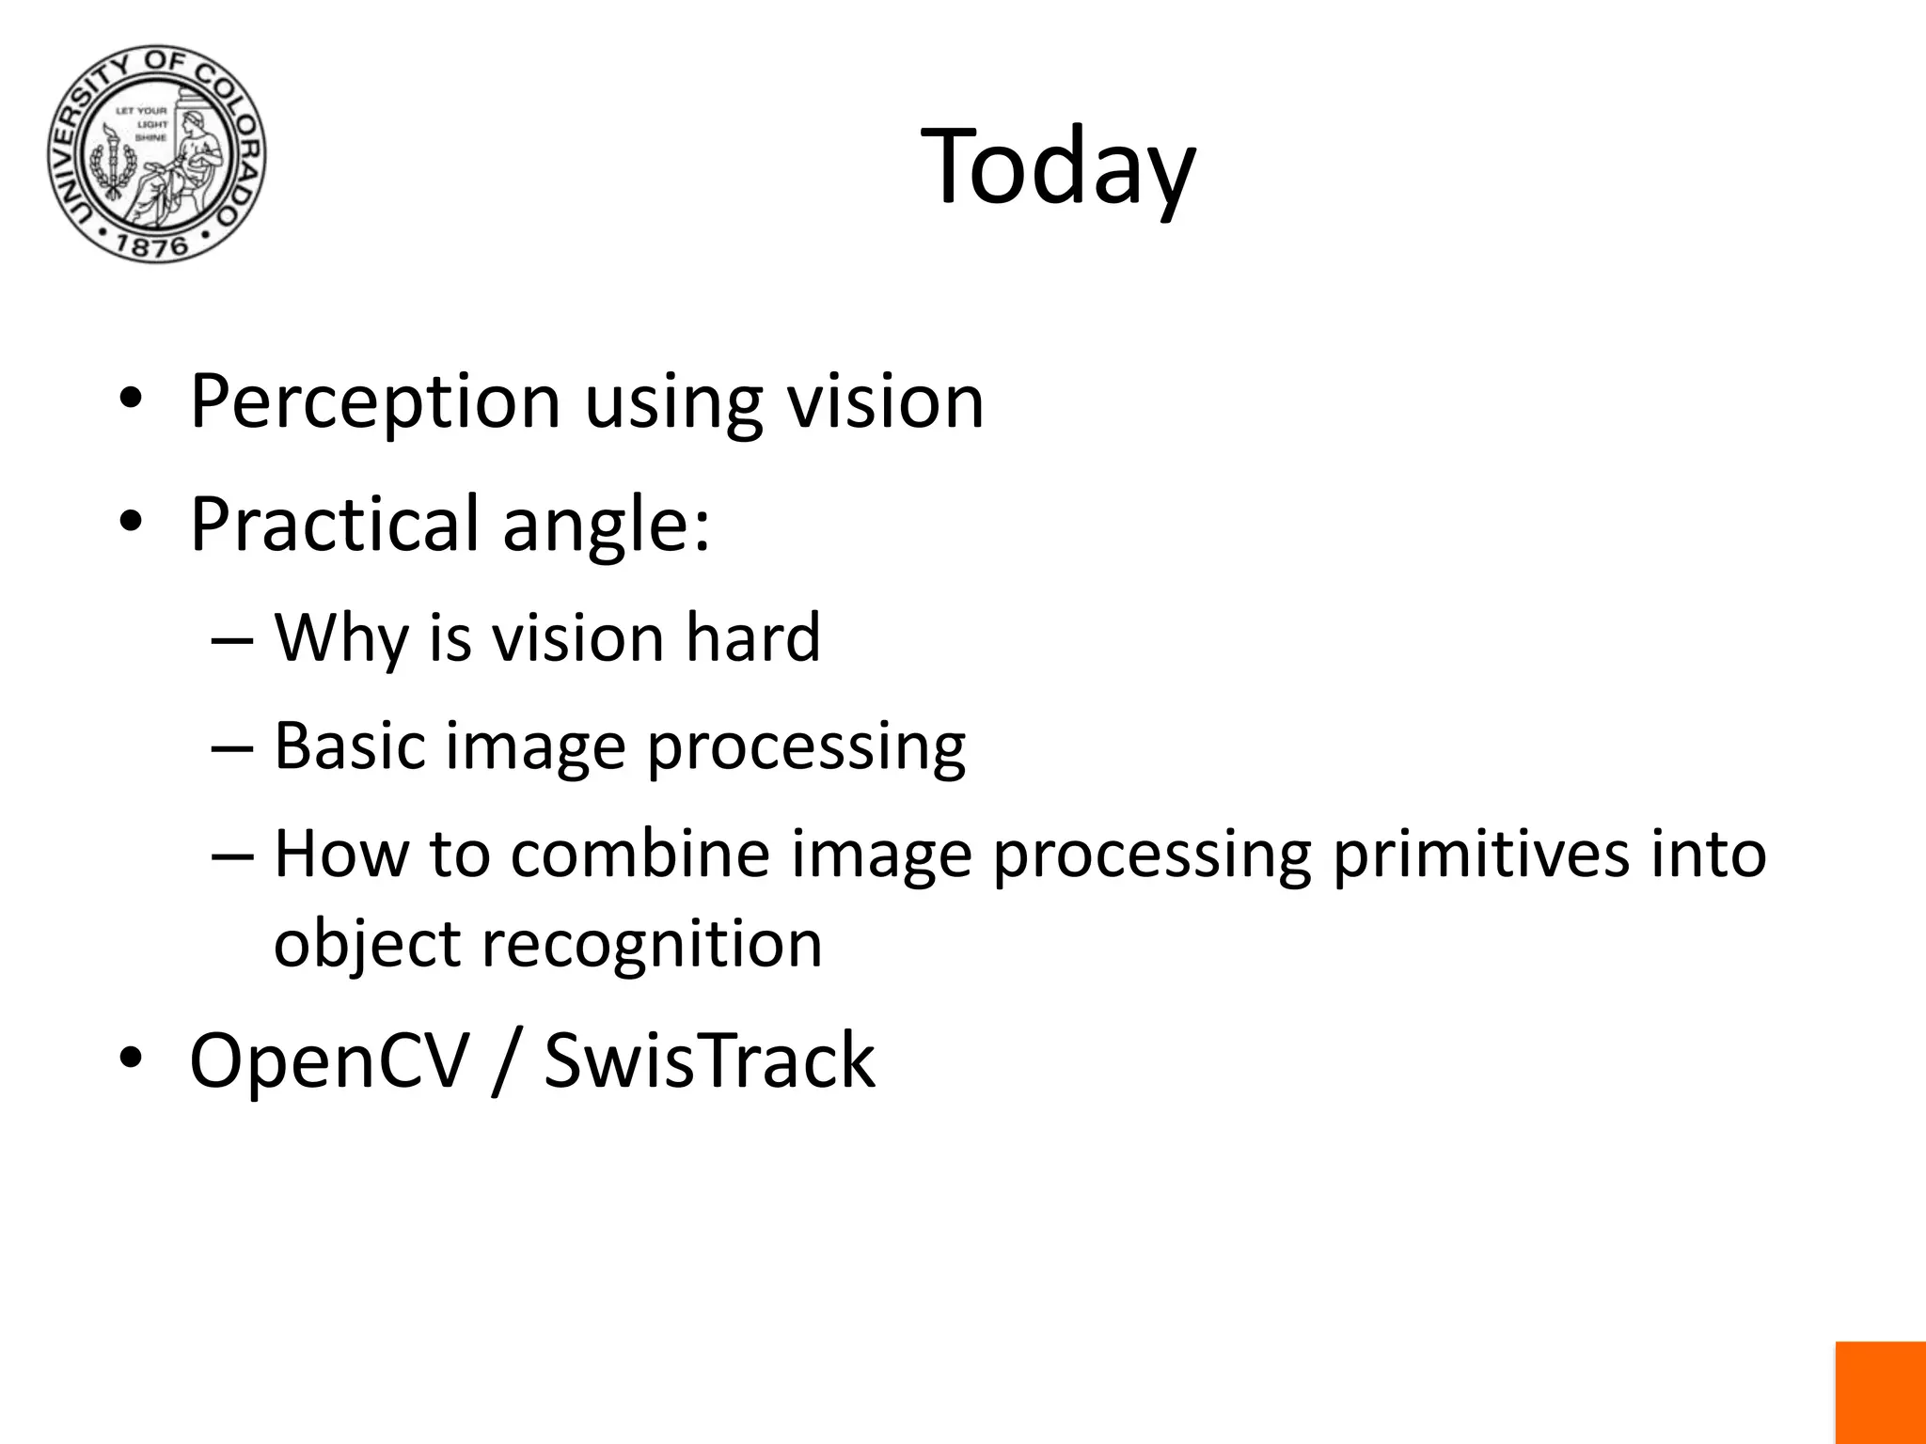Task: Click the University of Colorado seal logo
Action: point(157,154)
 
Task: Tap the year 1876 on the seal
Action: point(153,246)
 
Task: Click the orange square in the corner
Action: point(1880,1392)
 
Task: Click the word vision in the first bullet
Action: point(885,402)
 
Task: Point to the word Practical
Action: point(334,525)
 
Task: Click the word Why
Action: point(341,639)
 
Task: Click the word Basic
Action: point(349,746)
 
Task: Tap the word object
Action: point(367,945)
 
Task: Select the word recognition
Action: point(652,945)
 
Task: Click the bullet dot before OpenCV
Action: point(130,1059)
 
